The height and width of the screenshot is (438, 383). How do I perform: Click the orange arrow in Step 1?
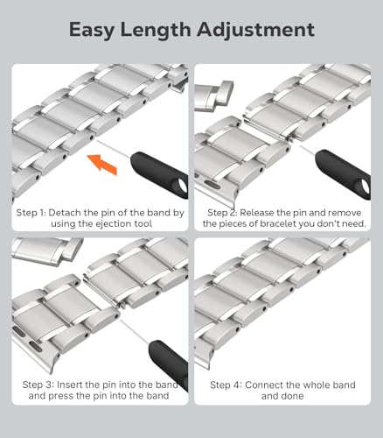(x=102, y=164)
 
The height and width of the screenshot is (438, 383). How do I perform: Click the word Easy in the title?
(x=93, y=31)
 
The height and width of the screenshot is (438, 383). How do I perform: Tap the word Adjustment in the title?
(x=255, y=30)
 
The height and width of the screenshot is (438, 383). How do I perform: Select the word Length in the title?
(x=156, y=29)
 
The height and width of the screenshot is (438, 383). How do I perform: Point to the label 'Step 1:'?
(x=31, y=213)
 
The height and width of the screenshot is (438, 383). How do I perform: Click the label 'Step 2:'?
(x=222, y=213)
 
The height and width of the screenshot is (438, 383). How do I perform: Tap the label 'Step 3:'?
(x=38, y=385)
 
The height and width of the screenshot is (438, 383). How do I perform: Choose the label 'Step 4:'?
(x=226, y=385)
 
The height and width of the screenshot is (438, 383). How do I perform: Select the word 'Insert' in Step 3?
(x=69, y=385)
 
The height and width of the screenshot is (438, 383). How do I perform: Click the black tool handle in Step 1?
(x=160, y=174)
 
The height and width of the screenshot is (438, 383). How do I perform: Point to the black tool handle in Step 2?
(x=344, y=174)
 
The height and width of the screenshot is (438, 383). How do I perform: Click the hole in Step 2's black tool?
(x=366, y=187)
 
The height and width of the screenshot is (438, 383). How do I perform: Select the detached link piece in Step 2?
(x=213, y=95)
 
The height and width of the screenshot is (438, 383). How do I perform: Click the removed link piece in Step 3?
(x=46, y=251)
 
